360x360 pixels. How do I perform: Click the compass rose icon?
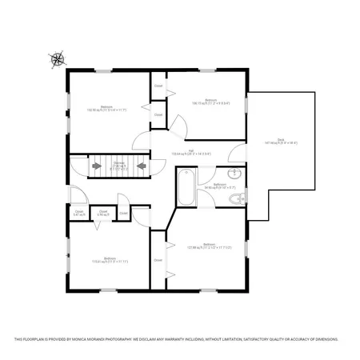[x=58, y=58]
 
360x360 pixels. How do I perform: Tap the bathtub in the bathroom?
[x=185, y=185]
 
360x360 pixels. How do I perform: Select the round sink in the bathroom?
[x=234, y=174]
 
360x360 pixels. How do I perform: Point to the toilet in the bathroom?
[x=234, y=198]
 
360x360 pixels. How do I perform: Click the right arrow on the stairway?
[x=141, y=166]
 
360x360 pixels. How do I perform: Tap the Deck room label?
[x=281, y=142]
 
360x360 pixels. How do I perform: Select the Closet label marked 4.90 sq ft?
[x=103, y=213]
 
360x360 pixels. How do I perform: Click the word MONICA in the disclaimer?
[x=98, y=339]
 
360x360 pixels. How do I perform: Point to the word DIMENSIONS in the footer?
[x=323, y=339]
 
